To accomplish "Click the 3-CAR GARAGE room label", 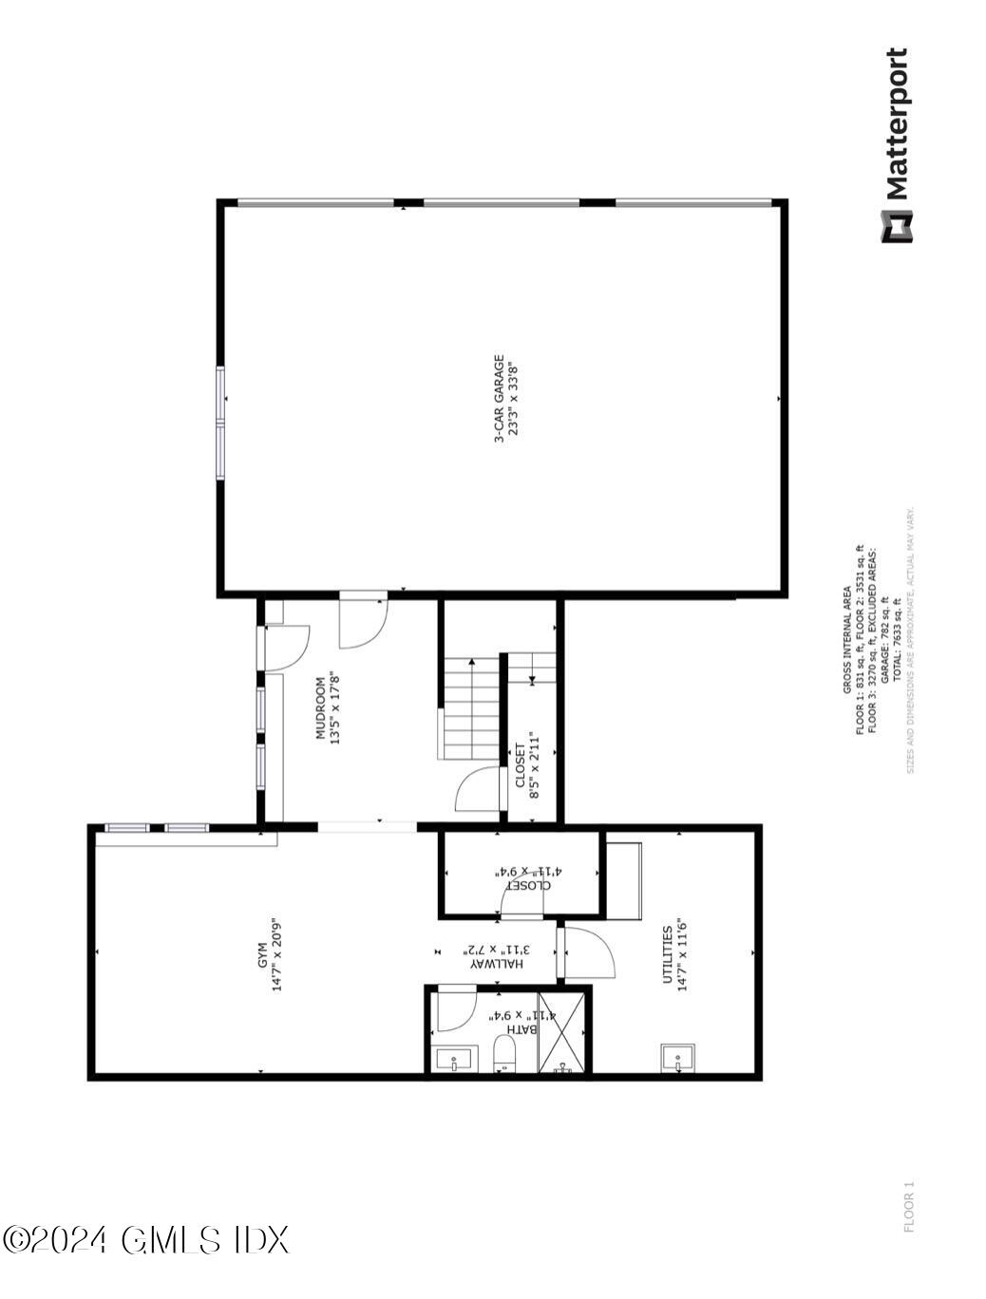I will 498,399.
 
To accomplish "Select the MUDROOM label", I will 322,707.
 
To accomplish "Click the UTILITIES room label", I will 668,955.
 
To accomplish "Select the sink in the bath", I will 455,1059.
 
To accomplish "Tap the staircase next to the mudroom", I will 469,706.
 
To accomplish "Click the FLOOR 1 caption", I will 909,1206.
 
